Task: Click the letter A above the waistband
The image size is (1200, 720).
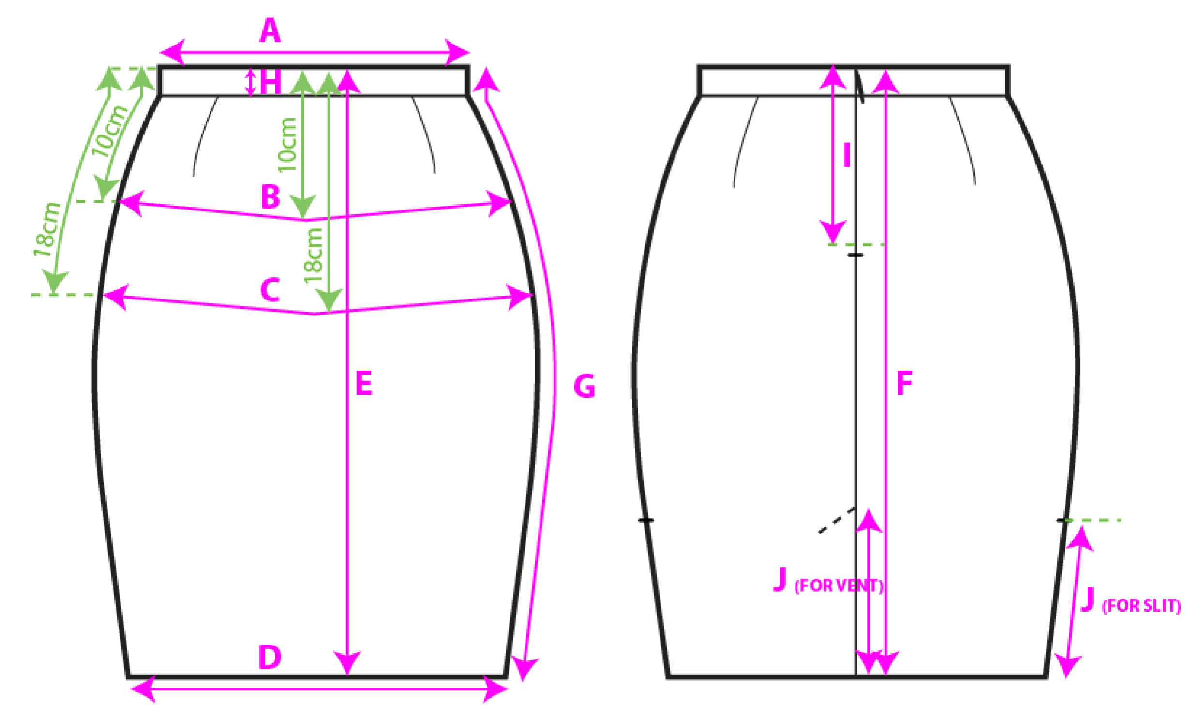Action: pos(270,30)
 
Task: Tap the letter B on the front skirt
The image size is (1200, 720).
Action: pos(270,196)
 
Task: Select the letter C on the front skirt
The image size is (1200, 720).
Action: pos(270,290)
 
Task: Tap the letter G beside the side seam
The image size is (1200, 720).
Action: pos(584,387)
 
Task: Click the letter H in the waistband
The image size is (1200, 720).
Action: pos(270,82)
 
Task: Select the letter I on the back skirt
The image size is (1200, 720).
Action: pos(847,155)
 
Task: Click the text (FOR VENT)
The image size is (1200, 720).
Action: pos(839,585)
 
